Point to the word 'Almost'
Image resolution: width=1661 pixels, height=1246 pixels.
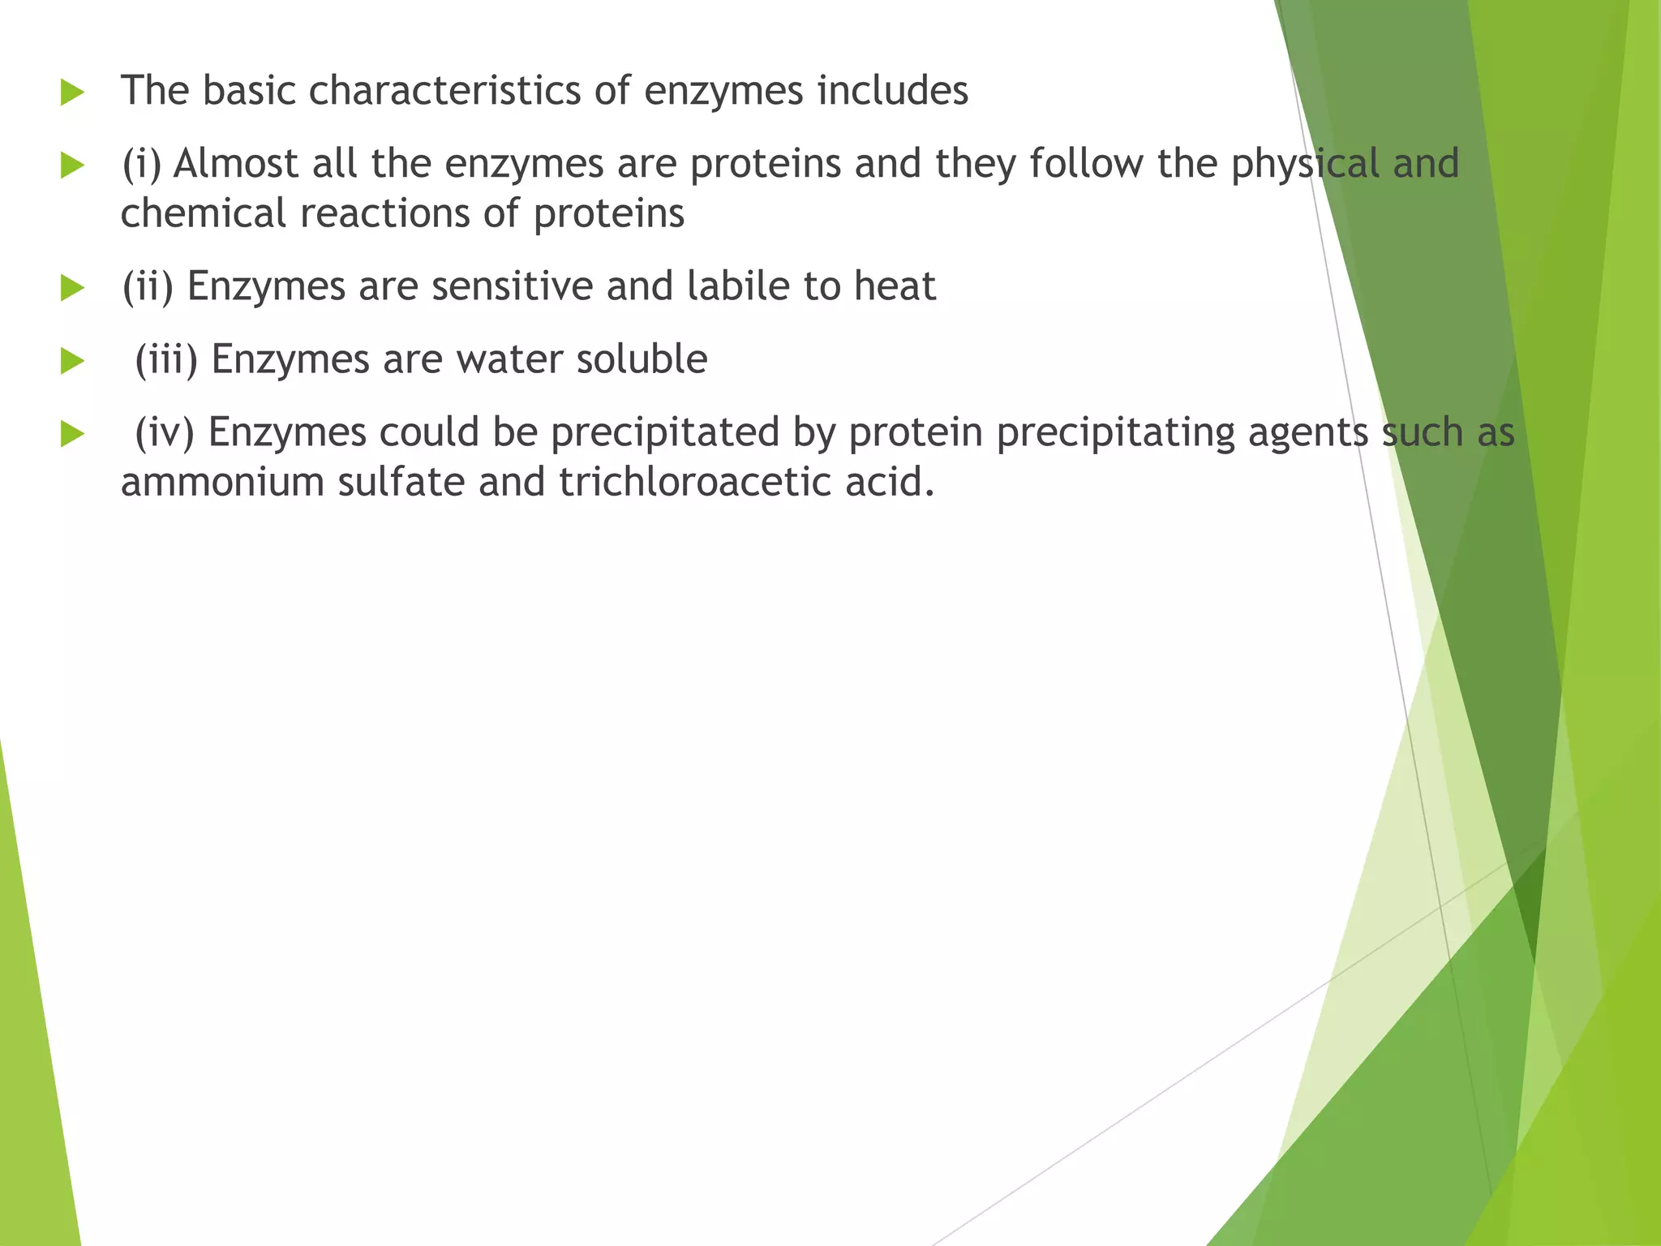[x=236, y=163]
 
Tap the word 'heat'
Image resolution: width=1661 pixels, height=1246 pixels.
[x=895, y=286]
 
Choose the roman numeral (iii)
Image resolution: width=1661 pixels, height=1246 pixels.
[x=166, y=359]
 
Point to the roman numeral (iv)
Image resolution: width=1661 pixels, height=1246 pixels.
[x=165, y=432]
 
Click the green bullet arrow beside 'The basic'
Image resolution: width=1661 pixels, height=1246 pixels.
[x=72, y=92]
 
